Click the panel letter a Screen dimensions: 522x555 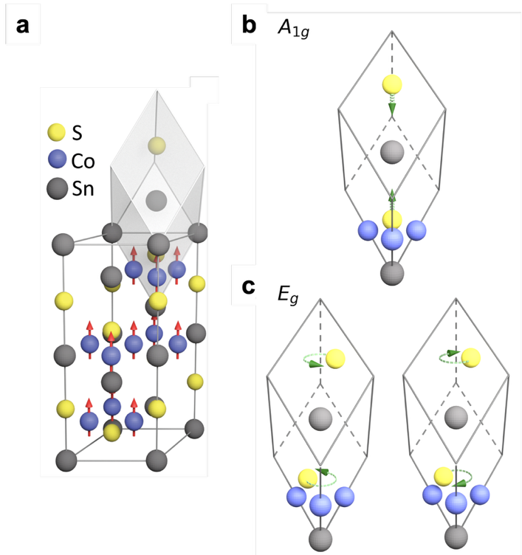coord(22,26)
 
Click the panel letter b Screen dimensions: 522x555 coord(249,25)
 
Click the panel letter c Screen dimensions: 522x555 coord(248,286)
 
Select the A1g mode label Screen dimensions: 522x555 coord(294,28)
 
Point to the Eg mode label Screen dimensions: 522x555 coord(287,294)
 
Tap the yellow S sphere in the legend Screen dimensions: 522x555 coord(56,132)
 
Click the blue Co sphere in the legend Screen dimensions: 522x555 coord(57,159)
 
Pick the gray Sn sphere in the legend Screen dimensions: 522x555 coord(57,189)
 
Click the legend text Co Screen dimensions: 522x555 coord(83,162)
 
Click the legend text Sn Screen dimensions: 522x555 coord(83,189)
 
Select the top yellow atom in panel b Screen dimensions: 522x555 coord(392,85)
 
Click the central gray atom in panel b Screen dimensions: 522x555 coord(392,152)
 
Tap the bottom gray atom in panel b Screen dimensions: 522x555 coord(392,273)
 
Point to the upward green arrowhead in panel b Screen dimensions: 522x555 coord(392,196)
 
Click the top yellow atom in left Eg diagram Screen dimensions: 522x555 coord(335,359)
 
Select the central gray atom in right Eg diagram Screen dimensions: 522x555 coord(456,418)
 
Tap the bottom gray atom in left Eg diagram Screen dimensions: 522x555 coord(320,539)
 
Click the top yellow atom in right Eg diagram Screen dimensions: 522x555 coord(470,357)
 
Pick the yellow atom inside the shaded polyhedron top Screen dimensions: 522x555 coord(157,145)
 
